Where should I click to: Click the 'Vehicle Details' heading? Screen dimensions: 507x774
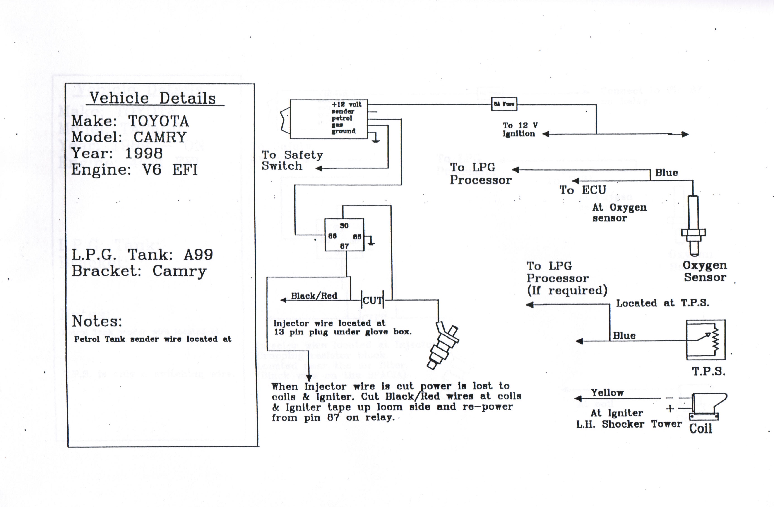click(x=153, y=98)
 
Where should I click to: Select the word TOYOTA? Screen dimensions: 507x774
click(x=159, y=121)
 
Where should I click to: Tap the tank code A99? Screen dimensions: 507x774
click(x=198, y=255)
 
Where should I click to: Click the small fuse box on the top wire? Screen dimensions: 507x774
click(x=504, y=104)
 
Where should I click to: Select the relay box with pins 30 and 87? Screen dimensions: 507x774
click(x=344, y=235)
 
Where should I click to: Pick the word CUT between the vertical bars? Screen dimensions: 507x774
click(x=372, y=301)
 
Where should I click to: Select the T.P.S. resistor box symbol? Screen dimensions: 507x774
click(x=706, y=340)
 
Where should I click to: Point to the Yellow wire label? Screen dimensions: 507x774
click(x=607, y=393)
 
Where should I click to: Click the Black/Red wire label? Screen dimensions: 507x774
click(x=314, y=296)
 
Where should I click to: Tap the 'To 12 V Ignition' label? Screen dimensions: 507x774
click(x=520, y=130)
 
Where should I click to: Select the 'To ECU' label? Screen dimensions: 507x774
click(x=582, y=190)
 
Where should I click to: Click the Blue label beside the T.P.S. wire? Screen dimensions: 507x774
click(x=624, y=336)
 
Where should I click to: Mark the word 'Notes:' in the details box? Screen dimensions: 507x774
click(x=97, y=322)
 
